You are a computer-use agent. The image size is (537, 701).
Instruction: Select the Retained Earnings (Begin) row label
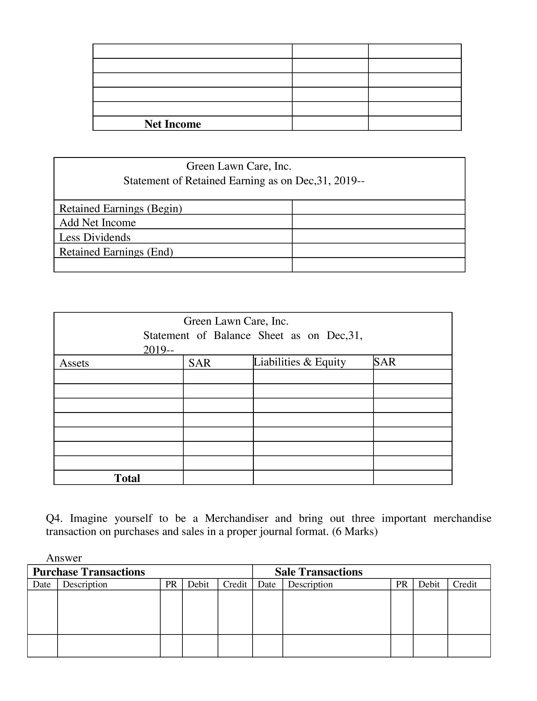(120, 208)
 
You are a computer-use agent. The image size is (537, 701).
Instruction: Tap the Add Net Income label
(97, 223)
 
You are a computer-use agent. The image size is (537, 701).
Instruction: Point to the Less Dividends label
(95, 237)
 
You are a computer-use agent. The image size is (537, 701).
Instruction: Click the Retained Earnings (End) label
(116, 252)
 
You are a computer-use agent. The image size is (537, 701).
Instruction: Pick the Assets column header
(74, 363)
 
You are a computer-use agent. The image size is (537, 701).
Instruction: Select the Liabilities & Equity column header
(300, 362)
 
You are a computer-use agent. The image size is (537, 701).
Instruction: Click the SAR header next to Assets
(199, 363)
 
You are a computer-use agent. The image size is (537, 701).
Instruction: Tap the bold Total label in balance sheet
(127, 478)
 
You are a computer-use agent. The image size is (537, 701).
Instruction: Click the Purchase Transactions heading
(89, 572)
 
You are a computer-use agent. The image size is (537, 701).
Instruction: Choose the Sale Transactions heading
(319, 572)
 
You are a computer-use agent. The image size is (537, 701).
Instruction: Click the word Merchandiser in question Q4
(237, 518)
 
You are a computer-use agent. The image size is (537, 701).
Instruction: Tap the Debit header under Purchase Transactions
(198, 584)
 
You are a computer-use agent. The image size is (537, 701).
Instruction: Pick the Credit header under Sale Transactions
(465, 584)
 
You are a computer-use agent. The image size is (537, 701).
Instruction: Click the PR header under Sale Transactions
(402, 584)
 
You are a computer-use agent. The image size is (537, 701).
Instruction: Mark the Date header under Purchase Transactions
(42, 584)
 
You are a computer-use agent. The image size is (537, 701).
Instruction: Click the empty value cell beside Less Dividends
(378, 236)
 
